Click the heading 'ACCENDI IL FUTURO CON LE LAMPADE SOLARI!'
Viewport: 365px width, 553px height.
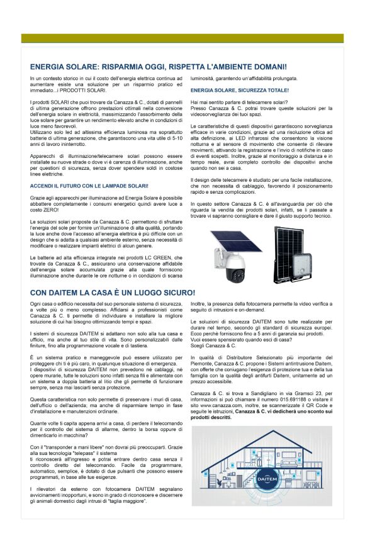point(89,186)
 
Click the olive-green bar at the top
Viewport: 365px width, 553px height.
point(182,38)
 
